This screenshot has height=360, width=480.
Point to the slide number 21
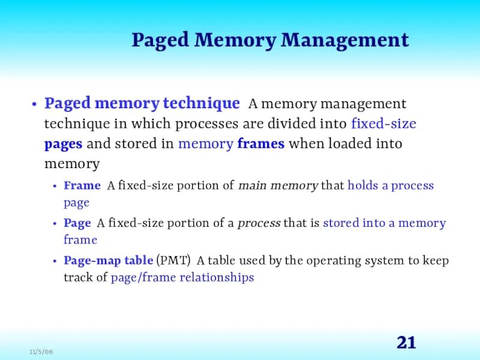[x=406, y=343]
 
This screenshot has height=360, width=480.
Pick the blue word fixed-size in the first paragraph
[x=383, y=124]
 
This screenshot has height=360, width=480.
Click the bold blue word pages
[x=64, y=145]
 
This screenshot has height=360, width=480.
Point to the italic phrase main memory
[x=278, y=185]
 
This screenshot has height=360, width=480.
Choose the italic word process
[x=259, y=223]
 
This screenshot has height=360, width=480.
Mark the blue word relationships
[x=217, y=278]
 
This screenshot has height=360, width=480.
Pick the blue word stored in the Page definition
[x=341, y=223]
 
